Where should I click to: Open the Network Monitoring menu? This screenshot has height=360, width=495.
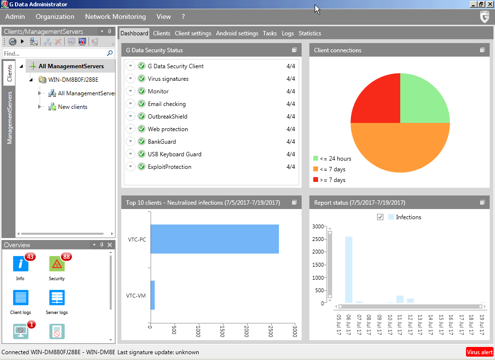pyautogui.click(x=115, y=16)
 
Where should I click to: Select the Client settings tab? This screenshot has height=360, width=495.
pyautogui.click(x=193, y=33)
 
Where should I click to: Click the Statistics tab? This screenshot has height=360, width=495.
pyautogui.click(x=309, y=33)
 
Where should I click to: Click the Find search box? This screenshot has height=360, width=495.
pyautogui.click(x=54, y=54)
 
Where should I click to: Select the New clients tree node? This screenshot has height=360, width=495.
pyautogui.click(x=73, y=107)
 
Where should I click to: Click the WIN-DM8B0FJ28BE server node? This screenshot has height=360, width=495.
pyautogui.click(x=73, y=80)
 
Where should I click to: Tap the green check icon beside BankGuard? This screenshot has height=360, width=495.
pyautogui.click(x=142, y=142)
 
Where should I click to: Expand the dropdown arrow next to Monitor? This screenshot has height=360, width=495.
pyautogui.click(x=131, y=91)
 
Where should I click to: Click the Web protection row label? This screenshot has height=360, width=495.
pyautogui.click(x=168, y=129)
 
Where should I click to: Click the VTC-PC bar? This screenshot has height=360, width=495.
pyautogui.click(x=214, y=239)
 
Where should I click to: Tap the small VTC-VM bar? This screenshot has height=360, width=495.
pyautogui.click(x=152, y=295)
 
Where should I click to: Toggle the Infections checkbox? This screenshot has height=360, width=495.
pyautogui.click(x=380, y=217)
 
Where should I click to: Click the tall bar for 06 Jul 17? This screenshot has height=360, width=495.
pyautogui.click(x=349, y=270)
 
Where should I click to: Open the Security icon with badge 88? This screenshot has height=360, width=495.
pyautogui.click(x=57, y=264)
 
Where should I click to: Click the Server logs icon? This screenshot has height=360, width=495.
pyautogui.click(x=57, y=298)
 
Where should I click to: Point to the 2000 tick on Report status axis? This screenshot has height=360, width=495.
pyautogui.click(x=319, y=252)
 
